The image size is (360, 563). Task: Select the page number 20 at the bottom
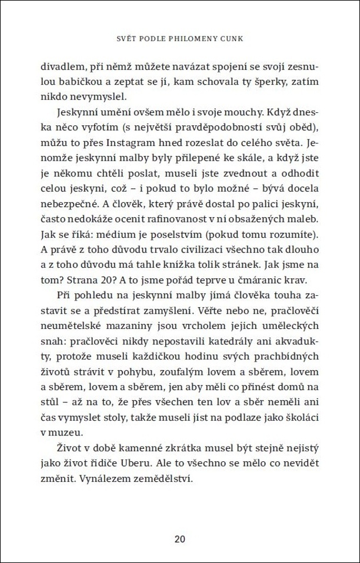pyautogui.click(x=180, y=539)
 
